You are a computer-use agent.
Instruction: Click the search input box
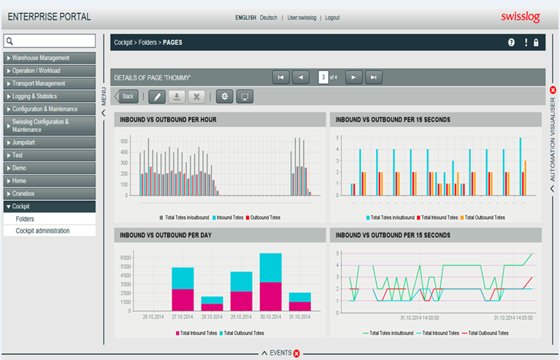click(x=50, y=41)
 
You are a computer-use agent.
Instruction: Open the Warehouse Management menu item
click(x=50, y=58)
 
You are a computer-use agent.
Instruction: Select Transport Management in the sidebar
click(x=50, y=83)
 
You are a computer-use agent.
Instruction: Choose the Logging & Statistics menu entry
click(x=50, y=96)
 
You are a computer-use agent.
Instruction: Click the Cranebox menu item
click(x=50, y=194)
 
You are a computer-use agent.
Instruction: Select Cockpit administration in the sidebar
click(x=50, y=231)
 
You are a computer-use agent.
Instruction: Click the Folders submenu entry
click(x=50, y=218)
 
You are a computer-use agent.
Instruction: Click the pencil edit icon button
click(x=156, y=96)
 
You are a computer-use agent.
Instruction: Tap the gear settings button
click(x=224, y=96)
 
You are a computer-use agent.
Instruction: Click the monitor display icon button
click(x=245, y=96)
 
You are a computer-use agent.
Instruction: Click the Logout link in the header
click(x=332, y=18)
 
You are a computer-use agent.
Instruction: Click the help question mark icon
click(x=511, y=42)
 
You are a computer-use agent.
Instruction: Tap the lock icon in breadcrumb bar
click(x=536, y=42)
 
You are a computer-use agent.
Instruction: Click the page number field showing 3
click(x=323, y=77)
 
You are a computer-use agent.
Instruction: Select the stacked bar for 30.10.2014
click(x=270, y=283)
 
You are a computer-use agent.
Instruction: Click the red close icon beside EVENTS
click(x=296, y=353)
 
